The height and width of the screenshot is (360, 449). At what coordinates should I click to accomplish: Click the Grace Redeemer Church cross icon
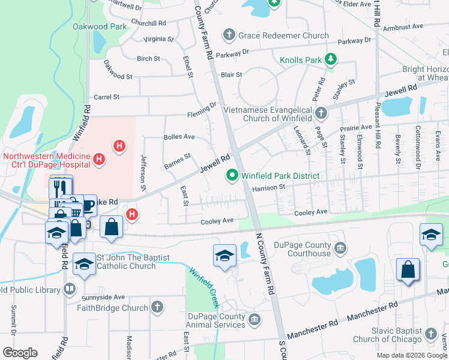pyautogui.click(x=229, y=35)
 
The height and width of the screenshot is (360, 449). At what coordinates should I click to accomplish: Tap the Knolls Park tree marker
pyautogui.click(x=330, y=59)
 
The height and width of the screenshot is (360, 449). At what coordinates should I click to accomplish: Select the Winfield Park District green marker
pyautogui.click(x=232, y=176)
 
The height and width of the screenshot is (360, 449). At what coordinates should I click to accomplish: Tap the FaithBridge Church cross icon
pyautogui.click(x=157, y=308)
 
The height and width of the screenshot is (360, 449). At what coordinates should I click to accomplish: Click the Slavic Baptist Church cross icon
pyautogui.click(x=430, y=334)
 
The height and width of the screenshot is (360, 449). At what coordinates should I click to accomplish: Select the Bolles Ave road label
pyautogui.click(x=179, y=137)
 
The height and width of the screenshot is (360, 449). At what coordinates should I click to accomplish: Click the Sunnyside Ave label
pyautogui.click(x=103, y=297)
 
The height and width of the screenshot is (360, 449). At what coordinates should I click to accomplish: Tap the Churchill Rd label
pyautogui.click(x=148, y=23)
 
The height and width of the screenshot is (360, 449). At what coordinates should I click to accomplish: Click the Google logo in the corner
pyautogui.click(x=20, y=352)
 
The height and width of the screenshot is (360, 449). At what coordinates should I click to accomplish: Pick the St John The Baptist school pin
pyautogui.click(x=84, y=265)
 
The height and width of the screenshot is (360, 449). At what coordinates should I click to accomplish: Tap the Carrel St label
pyautogui.click(x=107, y=97)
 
